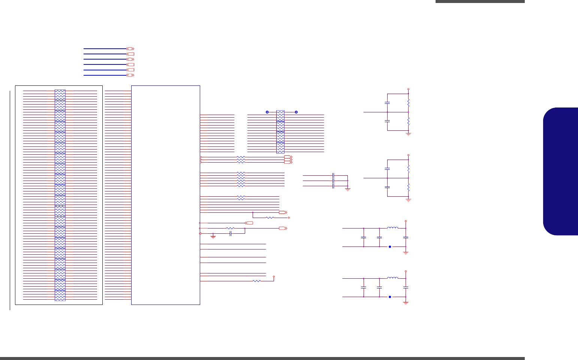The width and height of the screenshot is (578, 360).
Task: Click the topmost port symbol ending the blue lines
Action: pos(130,49)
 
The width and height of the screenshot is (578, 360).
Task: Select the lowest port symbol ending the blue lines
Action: pos(130,75)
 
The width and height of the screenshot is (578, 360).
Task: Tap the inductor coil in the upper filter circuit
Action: pos(392,227)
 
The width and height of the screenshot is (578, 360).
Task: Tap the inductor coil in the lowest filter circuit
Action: pos(392,278)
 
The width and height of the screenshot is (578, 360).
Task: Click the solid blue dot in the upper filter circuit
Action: pos(390,247)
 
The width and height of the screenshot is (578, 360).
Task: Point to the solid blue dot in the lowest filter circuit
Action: pos(390,297)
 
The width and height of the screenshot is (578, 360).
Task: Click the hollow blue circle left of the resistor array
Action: pos(267,112)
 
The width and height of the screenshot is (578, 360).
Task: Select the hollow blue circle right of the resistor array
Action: pos(296,112)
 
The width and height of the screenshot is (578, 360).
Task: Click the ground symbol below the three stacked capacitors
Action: pos(347,190)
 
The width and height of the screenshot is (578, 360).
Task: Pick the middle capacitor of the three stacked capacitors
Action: pos(333,181)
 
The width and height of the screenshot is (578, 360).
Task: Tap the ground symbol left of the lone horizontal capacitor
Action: pos(213,237)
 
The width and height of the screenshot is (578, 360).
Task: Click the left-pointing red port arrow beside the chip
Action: pos(249,223)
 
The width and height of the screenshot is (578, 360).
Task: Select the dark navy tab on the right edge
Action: pos(561,171)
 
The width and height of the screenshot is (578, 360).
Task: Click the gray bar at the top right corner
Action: pos(480,1)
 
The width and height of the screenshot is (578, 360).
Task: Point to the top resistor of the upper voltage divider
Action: pos(409,103)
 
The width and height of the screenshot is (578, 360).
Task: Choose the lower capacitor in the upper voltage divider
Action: pos(388,121)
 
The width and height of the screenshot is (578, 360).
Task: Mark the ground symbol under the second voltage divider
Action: pos(409,200)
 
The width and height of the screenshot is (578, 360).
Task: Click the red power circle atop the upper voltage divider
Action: pos(409,89)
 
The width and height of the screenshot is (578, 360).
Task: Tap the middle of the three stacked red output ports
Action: pos(288,160)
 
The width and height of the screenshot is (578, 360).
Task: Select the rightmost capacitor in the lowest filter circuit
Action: pos(406,287)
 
